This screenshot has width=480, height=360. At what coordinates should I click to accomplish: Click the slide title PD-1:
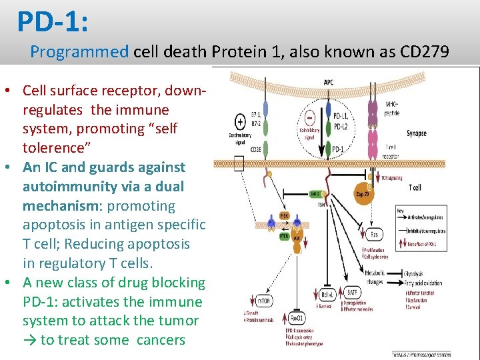53,21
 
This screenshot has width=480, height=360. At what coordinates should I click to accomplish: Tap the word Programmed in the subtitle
79,51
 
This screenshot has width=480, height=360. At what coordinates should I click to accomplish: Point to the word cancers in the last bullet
161,339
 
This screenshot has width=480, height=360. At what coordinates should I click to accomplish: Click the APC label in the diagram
329,82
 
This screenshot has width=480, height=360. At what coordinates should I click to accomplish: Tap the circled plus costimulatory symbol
240,122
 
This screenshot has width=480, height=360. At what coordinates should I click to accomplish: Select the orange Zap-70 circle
366,195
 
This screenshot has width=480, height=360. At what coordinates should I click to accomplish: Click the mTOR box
263,301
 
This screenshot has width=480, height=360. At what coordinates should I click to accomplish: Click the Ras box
373,234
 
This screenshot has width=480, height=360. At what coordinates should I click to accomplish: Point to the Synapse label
417,133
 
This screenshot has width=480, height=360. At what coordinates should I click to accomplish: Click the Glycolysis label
415,274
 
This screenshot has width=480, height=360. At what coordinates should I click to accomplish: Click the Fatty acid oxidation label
423,283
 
